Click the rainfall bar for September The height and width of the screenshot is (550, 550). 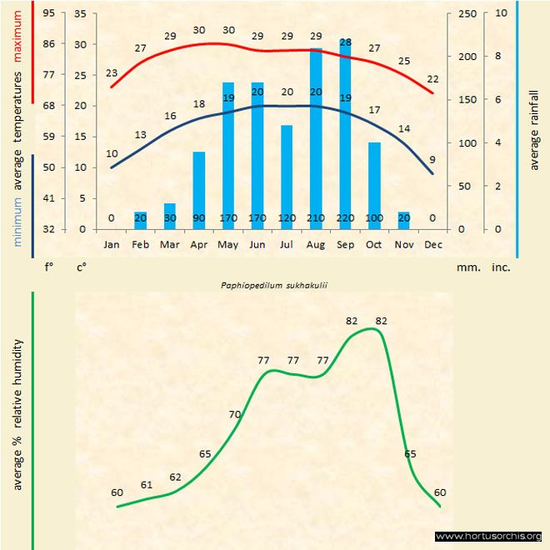[x=345, y=133]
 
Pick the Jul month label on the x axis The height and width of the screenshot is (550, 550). [x=287, y=245]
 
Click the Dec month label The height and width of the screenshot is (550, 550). [x=432, y=245]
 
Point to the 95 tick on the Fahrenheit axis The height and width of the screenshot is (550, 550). [x=49, y=13]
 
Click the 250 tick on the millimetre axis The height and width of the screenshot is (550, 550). [x=468, y=13]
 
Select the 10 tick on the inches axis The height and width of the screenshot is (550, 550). [x=501, y=13]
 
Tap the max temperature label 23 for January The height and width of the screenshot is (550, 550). [x=112, y=73]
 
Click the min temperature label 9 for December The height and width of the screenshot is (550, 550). [x=432, y=159]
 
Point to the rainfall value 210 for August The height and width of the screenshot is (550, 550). [x=316, y=218]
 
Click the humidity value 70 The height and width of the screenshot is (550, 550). [x=235, y=414]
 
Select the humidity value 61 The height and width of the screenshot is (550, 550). [x=147, y=485]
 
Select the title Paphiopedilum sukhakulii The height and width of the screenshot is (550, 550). [x=274, y=285]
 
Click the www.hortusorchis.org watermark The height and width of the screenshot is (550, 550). [x=489, y=536]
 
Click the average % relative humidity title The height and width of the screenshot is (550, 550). [x=17, y=415]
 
